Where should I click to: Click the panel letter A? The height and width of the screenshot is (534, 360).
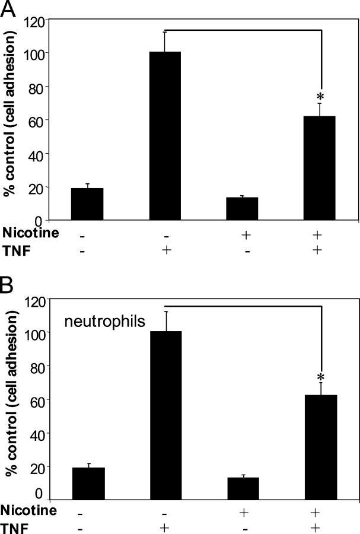point(9,9)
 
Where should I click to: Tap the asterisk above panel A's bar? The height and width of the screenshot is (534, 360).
point(320,96)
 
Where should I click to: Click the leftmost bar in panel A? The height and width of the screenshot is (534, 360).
point(87,204)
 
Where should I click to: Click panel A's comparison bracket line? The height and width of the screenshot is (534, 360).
point(243,29)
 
